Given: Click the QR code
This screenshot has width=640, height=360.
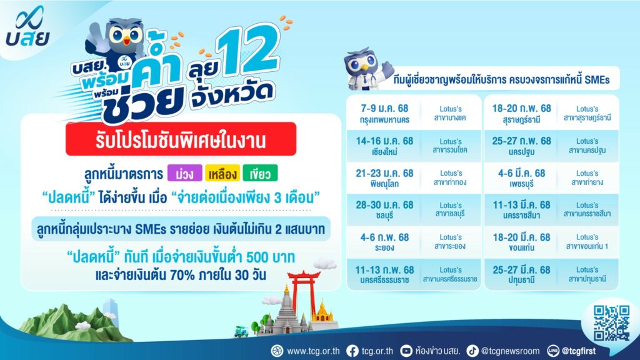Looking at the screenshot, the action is [x=611, y=323].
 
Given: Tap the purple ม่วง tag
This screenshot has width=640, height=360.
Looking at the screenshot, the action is [x=184, y=174].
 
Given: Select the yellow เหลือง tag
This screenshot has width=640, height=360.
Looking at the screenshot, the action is [x=222, y=174].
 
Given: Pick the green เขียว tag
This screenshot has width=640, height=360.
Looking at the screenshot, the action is [x=260, y=174].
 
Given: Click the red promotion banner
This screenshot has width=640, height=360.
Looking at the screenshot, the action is [x=181, y=139].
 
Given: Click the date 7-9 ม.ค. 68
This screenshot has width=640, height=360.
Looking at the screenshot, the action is [x=384, y=109].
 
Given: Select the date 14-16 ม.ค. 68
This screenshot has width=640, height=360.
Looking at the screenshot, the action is [x=384, y=141].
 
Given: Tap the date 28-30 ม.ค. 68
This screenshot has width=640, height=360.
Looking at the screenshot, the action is [x=384, y=205].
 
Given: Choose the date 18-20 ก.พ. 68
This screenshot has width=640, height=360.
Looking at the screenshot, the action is [x=522, y=109].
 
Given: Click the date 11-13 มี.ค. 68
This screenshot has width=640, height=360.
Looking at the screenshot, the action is [x=522, y=205].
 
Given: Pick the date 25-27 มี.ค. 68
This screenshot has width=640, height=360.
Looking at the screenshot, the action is [x=522, y=270].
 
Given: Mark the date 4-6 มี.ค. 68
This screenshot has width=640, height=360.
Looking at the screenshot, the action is [x=522, y=174].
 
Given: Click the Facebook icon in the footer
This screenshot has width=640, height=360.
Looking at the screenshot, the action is [x=352, y=351].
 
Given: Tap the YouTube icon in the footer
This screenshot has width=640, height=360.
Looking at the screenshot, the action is [x=406, y=351].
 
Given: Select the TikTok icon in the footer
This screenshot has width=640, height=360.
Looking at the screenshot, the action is [x=472, y=351].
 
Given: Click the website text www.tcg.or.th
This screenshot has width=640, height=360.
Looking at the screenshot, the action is [x=313, y=351].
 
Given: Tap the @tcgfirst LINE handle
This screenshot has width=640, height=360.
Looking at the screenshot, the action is [x=579, y=351].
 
